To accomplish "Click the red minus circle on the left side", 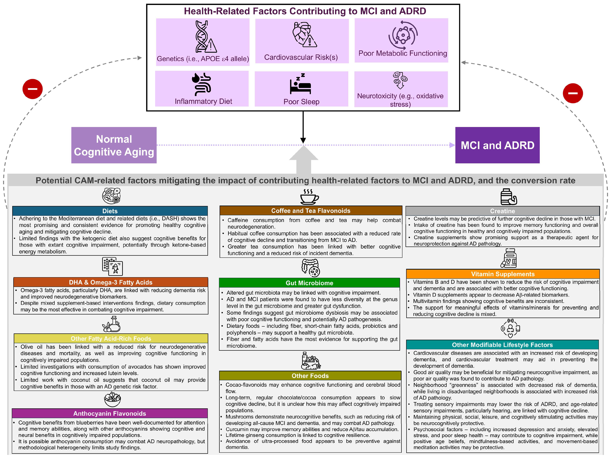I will tap(33, 89).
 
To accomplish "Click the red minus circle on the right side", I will tap(573, 93).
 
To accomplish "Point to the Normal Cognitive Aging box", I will tap(114, 145).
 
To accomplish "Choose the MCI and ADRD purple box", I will tap(497, 145).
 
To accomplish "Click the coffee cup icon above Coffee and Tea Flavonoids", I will tap(309, 197).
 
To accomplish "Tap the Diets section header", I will tap(110, 211).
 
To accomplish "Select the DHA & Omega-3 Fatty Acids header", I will tap(111, 282).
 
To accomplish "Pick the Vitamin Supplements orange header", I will tap(502, 274).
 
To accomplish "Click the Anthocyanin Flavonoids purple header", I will tap(110, 413).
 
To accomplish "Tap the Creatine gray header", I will tap(502, 211).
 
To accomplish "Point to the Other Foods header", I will tap(310, 376).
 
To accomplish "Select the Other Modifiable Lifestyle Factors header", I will tap(502, 345).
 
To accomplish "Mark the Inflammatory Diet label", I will tap(203, 101).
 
